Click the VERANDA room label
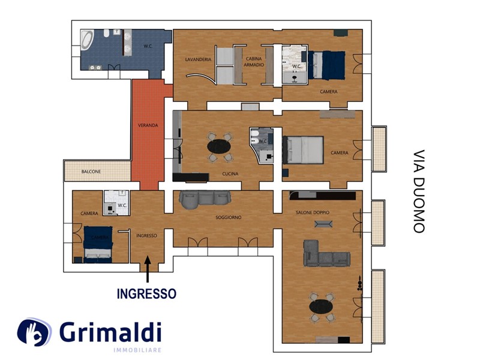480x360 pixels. pyautogui.click(x=148, y=125)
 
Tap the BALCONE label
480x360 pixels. pyautogui.click(x=91, y=172)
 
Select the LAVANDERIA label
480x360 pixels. pyautogui.click(x=198, y=59)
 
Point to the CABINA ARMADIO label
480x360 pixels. pyautogui.click(x=254, y=62)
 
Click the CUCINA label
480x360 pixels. pyautogui.click(x=230, y=173)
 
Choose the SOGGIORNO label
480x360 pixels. pyautogui.click(x=229, y=217)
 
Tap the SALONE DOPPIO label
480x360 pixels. pyautogui.click(x=313, y=212)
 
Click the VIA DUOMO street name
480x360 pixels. pyautogui.click(x=419, y=191)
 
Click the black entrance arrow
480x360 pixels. pyautogui.click(x=148, y=269)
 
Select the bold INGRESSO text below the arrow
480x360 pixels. pyautogui.click(x=146, y=293)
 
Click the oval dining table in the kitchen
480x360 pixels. pyautogui.click(x=219, y=146)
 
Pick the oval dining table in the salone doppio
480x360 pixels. pyautogui.click(x=321, y=307)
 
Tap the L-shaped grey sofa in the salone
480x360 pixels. pyautogui.click(x=326, y=254)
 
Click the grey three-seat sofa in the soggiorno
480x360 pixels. pyautogui.click(x=205, y=199)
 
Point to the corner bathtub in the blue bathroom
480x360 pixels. pyautogui.click(x=87, y=40)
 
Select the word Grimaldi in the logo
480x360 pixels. pyautogui.click(x=110, y=332)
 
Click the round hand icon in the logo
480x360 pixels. pyautogui.click(x=34, y=332)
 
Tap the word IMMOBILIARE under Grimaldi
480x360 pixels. pyautogui.click(x=137, y=350)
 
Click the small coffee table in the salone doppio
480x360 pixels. pyautogui.click(x=323, y=224)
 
